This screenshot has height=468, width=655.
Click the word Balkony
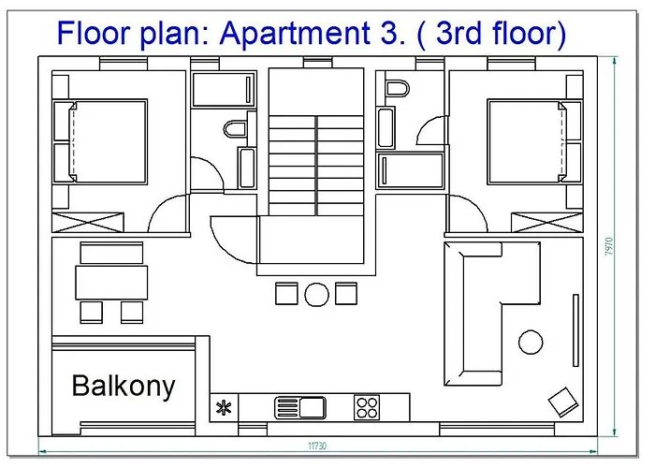click(124, 386)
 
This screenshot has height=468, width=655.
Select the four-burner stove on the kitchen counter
click(367, 407)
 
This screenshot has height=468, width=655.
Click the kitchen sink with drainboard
click(298, 407)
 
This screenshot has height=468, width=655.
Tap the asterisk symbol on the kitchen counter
click(225, 406)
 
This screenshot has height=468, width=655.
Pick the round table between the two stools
click(316, 294)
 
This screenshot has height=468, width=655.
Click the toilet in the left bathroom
click(235, 128)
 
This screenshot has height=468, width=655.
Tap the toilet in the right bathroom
click(398, 91)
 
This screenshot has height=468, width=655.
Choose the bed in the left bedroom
click(100, 141)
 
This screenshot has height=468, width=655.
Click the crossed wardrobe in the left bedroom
click(88, 223)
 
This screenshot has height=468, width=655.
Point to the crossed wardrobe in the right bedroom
click(546, 223)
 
